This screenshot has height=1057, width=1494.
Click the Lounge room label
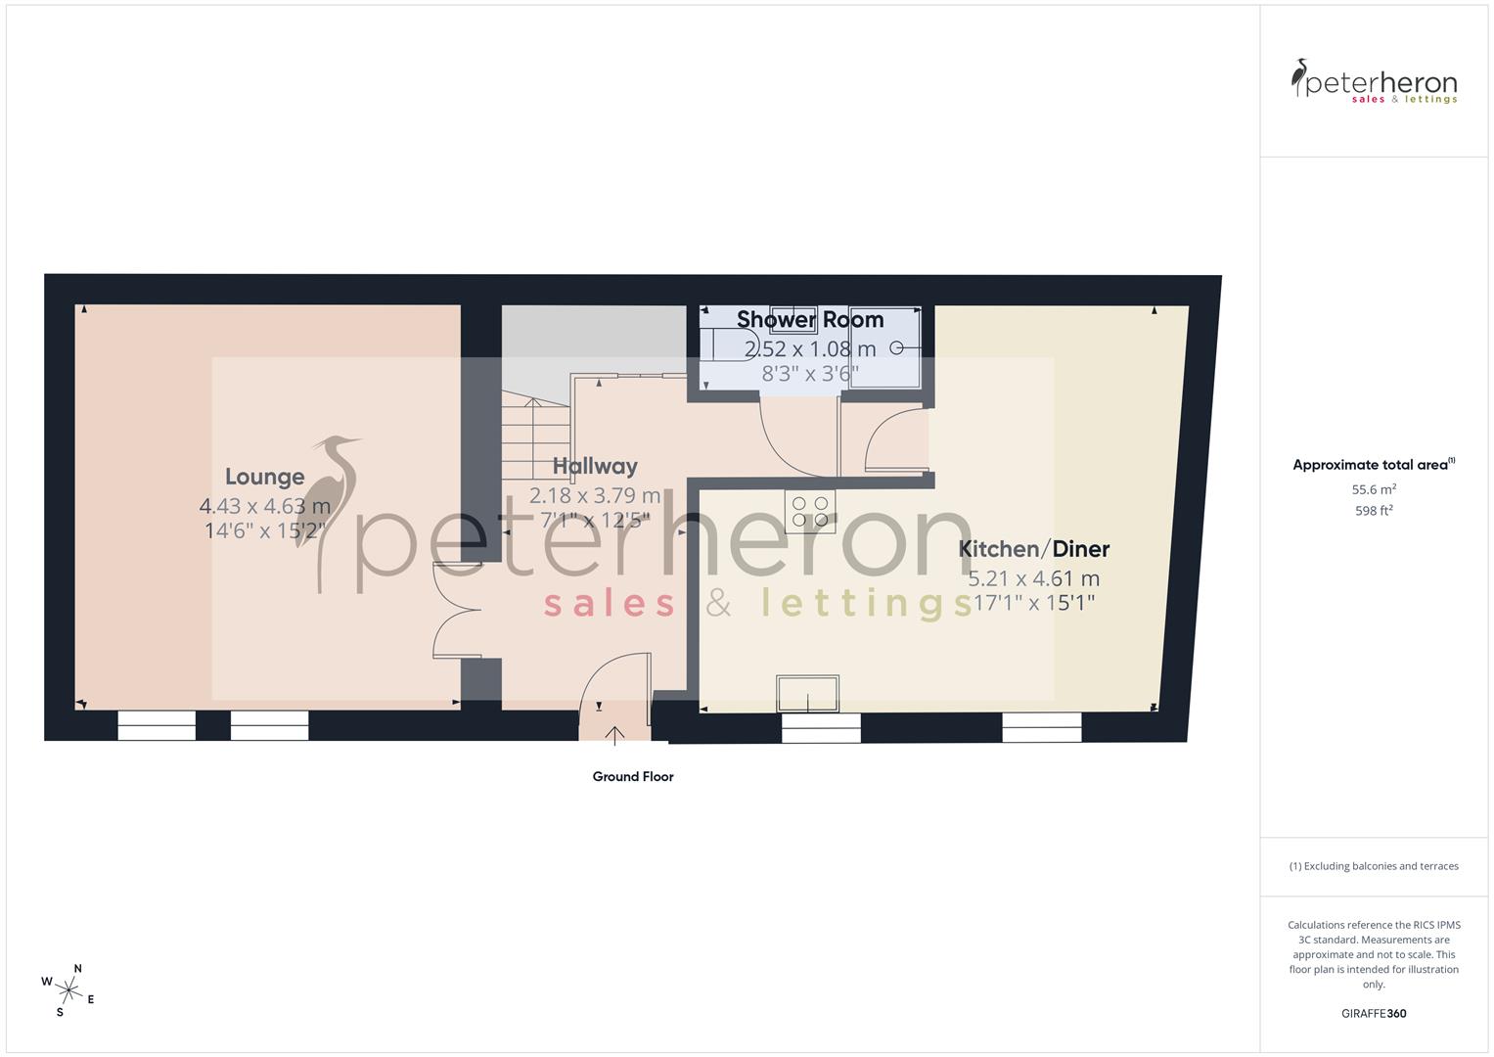pyautogui.click(x=264, y=477)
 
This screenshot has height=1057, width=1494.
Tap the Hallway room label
pyautogui.click(x=595, y=466)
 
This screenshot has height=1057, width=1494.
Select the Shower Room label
pyautogui.click(x=810, y=320)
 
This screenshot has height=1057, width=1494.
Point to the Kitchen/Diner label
pyautogui.click(x=1033, y=549)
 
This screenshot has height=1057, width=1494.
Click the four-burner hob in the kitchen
pyautogui.click(x=810, y=511)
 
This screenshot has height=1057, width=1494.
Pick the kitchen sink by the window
pyautogui.click(x=808, y=693)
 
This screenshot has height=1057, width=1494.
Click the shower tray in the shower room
pyautogui.click(x=885, y=347)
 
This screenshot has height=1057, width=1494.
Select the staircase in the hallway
pyautogui.click(x=534, y=431)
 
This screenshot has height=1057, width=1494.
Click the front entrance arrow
pyautogui.click(x=614, y=735)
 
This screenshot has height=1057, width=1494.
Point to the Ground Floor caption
pyautogui.click(x=633, y=777)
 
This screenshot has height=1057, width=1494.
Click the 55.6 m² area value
pyautogui.click(x=1374, y=489)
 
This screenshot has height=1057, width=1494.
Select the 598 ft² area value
pyautogui.click(x=1374, y=511)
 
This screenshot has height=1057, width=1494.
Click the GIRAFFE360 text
pyautogui.click(x=1374, y=1013)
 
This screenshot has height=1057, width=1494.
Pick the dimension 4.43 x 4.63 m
pyautogui.click(x=264, y=506)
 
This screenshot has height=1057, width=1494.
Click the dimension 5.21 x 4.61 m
pyautogui.click(x=1033, y=578)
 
